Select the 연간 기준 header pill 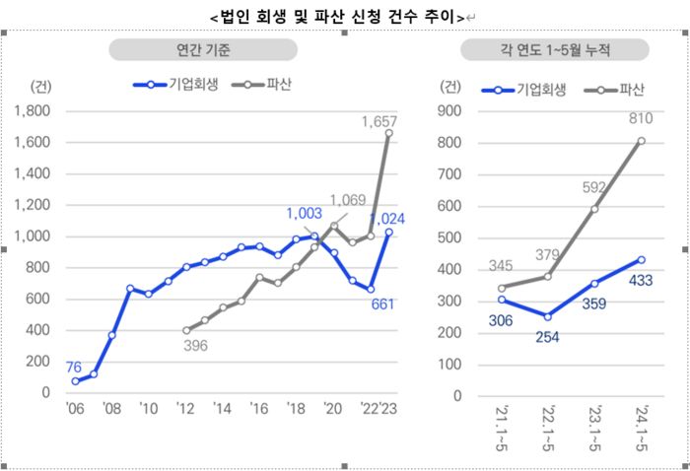(202, 50)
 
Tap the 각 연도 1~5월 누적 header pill (554, 50)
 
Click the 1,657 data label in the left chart (379, 121)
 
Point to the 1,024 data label (386, 219)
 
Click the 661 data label (382, 303)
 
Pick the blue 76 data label (75, 367)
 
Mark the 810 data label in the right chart (641, 121)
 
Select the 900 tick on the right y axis (449, 111)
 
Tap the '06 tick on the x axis (75, 409)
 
